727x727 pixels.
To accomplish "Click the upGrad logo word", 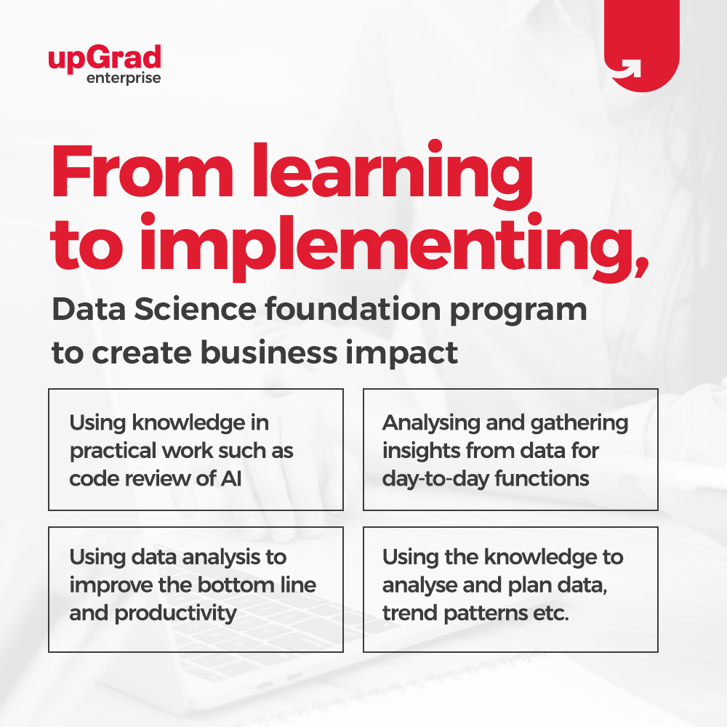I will point(105,57).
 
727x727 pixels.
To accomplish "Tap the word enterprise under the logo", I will point(124,78).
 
